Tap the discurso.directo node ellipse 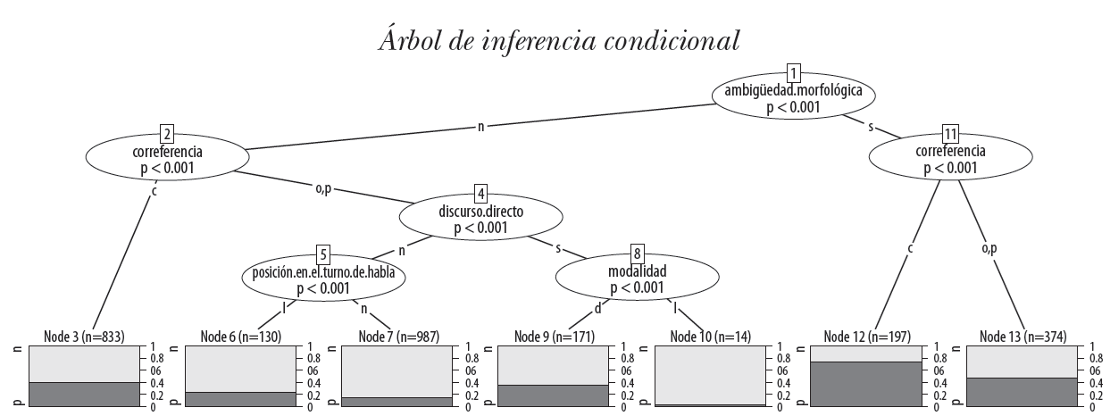click(x=480, y=220)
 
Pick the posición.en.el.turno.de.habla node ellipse click(x=330, y=279)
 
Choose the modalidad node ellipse click(x=638, y=279)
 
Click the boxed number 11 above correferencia click(x=950, y=134)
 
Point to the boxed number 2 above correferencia click(x=166, y=134)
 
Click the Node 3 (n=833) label click(x=83, y=337)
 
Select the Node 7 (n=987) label click(x=396, y=337)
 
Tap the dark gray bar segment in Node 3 click(x=84, y=394)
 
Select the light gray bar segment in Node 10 click(x=710, y=375)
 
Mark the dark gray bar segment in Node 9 click(x=553, y=395)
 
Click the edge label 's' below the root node click(x=872, y=126)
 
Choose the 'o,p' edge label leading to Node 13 click(x=989, y=247)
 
